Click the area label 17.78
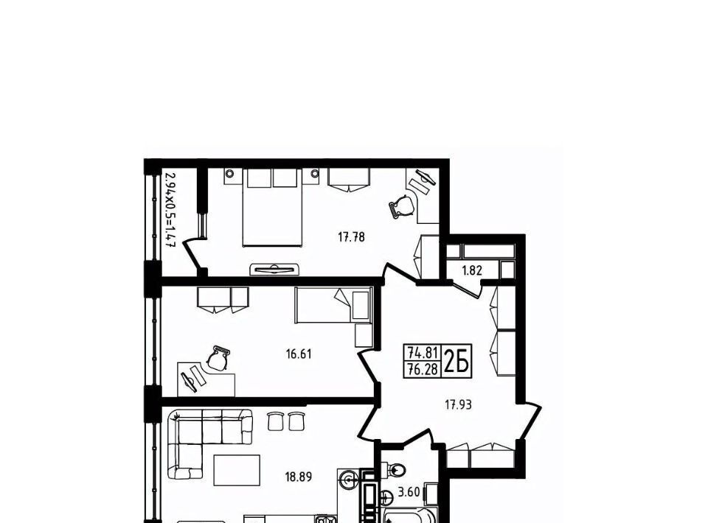[351, 236]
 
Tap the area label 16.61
[299, 354]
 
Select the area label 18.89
[299, 477]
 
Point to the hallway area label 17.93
[458, 405]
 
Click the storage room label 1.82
[472, 271]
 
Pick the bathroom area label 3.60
[409, 492]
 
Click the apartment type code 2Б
[457, 361]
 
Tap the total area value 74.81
[423, 351]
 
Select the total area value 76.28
[423, 370]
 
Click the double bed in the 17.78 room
[272, 208]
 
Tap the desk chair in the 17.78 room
[401, 206]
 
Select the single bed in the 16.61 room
[333, 305]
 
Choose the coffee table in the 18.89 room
[237, 470]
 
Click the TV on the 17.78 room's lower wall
[274, 269]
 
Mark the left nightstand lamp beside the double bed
[230, 173]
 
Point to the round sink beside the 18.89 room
[349, 478]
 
